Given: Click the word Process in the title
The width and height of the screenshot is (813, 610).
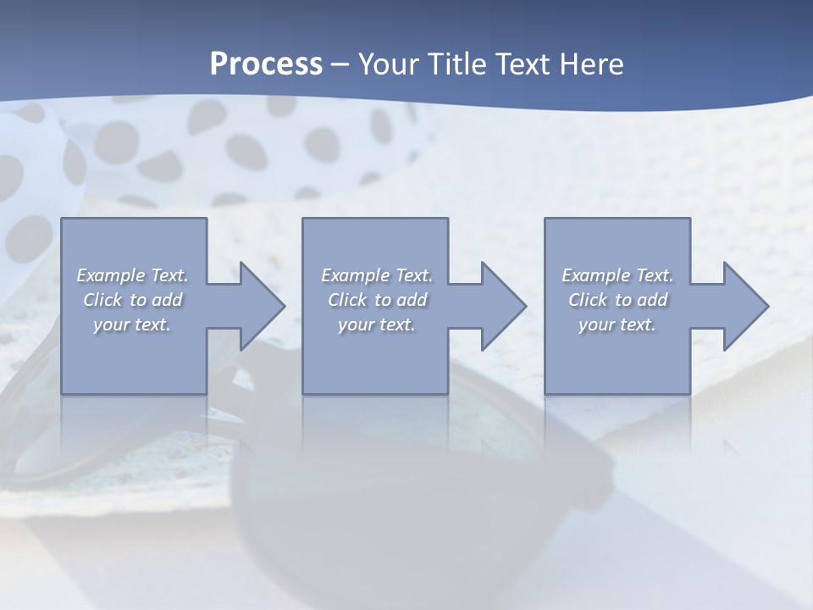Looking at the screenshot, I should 266,64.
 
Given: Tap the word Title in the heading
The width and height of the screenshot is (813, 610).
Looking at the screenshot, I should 458,64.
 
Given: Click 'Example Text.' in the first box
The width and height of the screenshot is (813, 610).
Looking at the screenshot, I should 133,275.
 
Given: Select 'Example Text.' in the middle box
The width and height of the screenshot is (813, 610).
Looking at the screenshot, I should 377,275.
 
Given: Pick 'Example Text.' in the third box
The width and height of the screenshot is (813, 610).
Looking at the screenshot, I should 617,275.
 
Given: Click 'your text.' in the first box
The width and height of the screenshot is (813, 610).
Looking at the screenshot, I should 132,324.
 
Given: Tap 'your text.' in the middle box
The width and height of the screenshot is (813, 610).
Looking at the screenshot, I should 377,324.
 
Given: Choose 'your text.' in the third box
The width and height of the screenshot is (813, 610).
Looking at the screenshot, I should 617,324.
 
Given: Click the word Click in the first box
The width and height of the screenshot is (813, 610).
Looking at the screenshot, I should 102,300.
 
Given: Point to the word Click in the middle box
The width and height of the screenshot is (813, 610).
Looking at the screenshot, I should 347,300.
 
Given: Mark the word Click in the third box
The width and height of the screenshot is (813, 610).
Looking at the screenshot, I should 588,300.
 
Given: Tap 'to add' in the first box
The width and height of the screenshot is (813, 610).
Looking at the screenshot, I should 156,300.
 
